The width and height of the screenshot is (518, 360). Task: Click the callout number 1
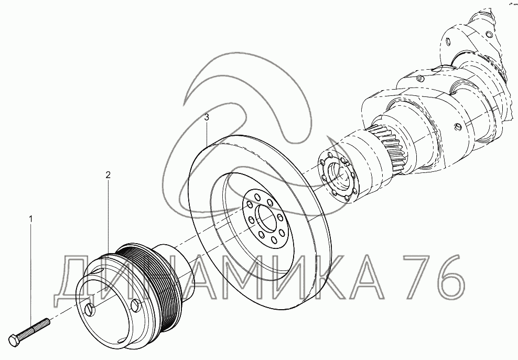[x=31, y=219]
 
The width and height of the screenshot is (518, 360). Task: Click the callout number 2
[x=108, y=175]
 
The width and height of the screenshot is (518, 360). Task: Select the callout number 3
[x=207, y=117]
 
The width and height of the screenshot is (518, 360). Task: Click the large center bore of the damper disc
[x=267, y=218]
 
